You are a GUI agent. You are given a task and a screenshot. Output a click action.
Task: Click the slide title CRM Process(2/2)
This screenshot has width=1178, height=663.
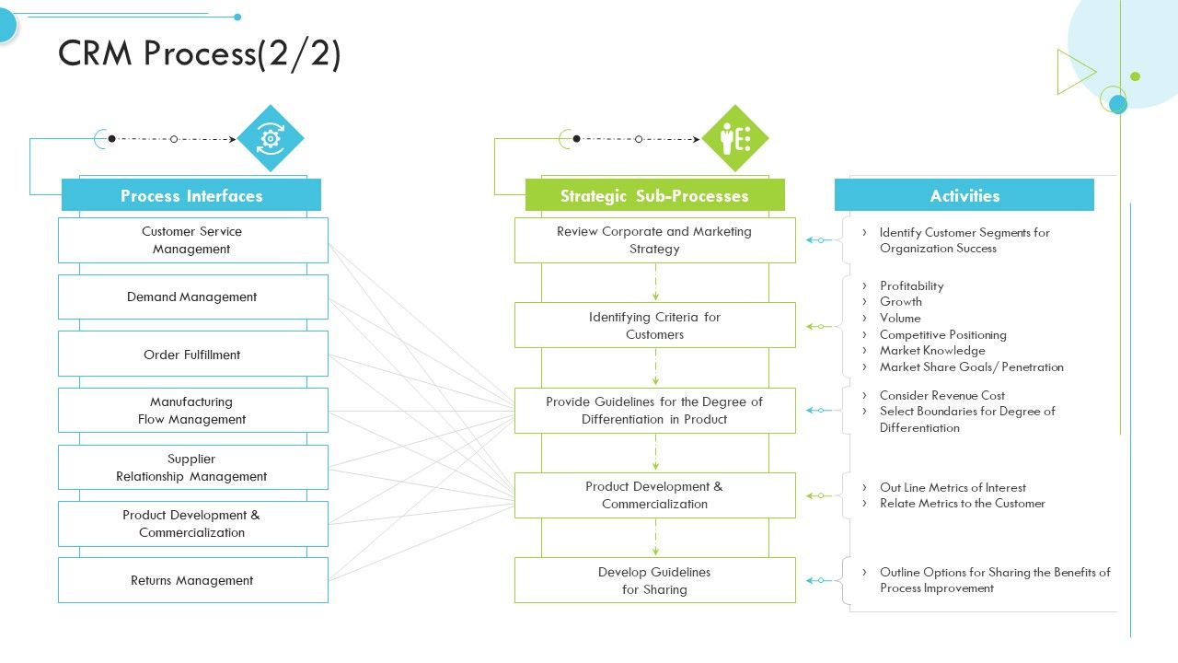[200, 53]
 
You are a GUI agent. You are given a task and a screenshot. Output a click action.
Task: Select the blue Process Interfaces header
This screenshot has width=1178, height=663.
[191, 195]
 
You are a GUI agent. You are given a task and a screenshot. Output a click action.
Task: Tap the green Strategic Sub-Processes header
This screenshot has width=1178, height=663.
[654, 195]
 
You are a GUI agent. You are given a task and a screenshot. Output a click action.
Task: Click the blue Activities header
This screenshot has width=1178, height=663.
[964, 195]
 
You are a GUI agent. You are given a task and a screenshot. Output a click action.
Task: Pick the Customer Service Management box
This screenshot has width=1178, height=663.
[192, 240]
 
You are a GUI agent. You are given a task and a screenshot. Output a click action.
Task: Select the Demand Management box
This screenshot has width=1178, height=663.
[192, 297]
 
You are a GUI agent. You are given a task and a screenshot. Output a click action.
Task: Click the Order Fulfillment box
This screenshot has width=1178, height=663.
[192, 355]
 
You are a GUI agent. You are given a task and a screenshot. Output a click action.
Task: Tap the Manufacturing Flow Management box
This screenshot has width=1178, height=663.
[192, 411]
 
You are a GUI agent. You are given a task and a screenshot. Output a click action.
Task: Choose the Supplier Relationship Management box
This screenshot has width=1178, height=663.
[192, 468]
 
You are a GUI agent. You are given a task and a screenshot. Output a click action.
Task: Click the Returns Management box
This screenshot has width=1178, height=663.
[192, 580]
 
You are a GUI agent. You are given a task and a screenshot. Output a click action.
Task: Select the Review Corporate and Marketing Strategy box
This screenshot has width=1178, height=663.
[654, 240]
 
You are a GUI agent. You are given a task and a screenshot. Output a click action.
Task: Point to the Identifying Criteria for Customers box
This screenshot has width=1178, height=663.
[654, 325]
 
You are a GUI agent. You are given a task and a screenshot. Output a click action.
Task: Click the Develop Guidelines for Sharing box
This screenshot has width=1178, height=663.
[654, 580]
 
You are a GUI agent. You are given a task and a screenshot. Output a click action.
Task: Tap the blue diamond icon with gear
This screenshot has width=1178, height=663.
[271, 138]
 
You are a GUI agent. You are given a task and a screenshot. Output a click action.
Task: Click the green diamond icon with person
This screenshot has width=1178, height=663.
[734, 138]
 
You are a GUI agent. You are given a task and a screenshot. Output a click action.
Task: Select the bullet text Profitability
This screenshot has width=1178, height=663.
[911, 286]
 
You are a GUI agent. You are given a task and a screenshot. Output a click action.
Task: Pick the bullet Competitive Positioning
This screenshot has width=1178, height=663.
[942, 335]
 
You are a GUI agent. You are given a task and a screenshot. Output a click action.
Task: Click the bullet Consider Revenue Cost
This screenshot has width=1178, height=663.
[941, 395]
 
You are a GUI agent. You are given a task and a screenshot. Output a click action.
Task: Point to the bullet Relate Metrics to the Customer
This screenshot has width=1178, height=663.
[962, 504]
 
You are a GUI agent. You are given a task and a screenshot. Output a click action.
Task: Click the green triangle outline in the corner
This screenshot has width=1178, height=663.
[1073, 72]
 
